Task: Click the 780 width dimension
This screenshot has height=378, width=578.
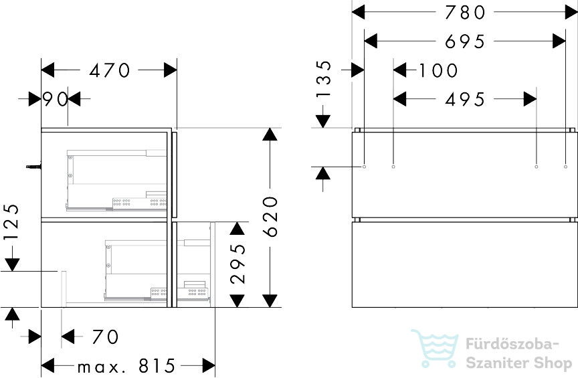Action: (464, 12)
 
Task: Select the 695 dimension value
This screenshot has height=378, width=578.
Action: (464, 41)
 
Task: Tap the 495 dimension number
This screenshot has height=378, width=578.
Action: (464, 100)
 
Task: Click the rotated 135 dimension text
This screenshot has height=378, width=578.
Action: (324, 79)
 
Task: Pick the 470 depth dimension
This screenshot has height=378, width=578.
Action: (110, 70)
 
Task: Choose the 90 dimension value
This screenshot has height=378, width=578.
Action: (56, 99)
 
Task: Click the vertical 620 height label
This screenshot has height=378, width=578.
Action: (270, 217)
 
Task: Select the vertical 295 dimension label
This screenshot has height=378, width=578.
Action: (237, 264)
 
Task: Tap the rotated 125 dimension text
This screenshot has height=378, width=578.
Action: (11, 222)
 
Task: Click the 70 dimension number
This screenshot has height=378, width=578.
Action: (106, 337)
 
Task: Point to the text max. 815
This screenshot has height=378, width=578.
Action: (126, 366)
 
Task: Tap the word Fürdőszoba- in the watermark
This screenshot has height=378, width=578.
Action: (512, 344)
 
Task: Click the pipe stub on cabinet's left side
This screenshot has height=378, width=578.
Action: (33, 167)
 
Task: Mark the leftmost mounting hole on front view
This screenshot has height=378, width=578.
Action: (364, 167)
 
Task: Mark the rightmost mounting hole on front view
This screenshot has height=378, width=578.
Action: (565, 167)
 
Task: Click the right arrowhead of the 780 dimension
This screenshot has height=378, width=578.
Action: (571, 12)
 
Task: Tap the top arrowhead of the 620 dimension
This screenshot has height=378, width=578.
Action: (270, 134)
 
